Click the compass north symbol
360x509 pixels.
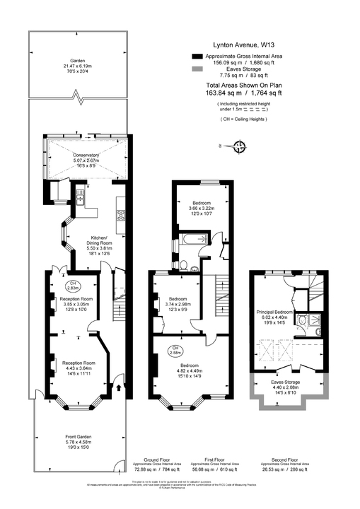coord(240,147)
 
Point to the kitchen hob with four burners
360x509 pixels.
coord(121,216)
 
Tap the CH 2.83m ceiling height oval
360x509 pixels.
coord(72,286)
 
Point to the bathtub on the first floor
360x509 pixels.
coord(192,241)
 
